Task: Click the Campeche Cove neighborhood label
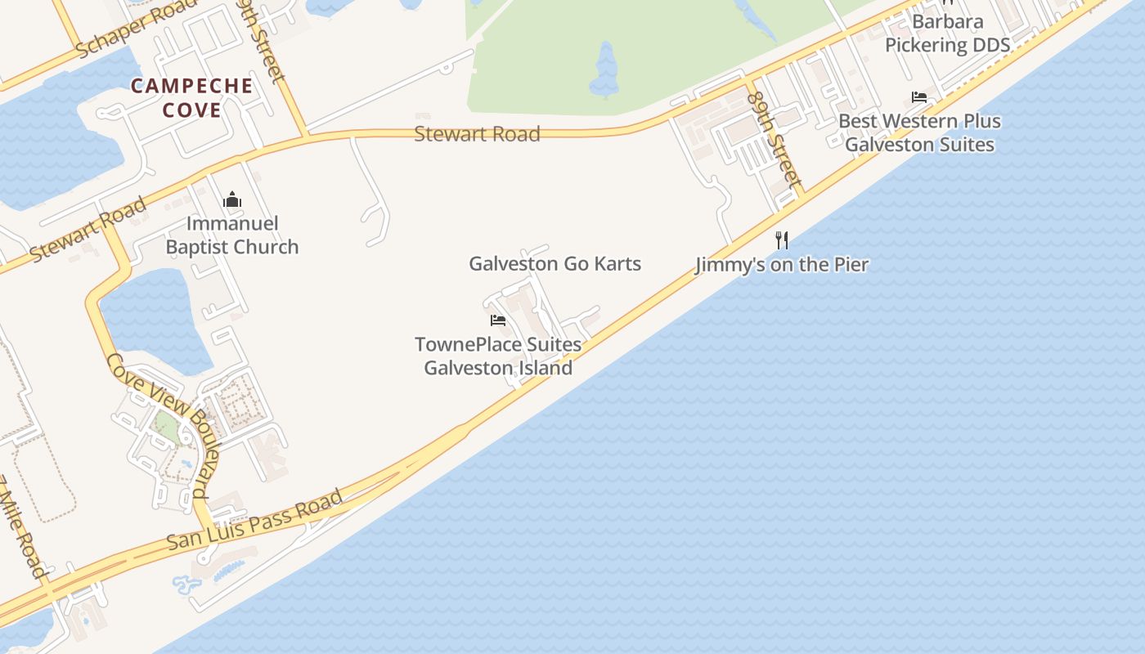(192, 97)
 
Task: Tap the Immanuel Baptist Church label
(232, 235)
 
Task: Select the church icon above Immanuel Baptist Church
(232, 200)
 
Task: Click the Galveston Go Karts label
(555, 264)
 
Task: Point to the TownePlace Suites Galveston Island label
(498, 356)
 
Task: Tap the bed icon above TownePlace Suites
(497, 320)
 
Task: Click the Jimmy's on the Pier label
(782, 265)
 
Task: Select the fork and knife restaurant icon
(782, 240)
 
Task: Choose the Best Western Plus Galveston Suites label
(919, 133)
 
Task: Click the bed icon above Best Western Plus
(919, 97)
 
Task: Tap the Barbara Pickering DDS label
(948, 33)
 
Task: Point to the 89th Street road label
(770, 136)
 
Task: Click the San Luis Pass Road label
(254, 520)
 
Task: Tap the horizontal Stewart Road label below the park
(477, 134)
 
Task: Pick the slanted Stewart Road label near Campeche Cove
(88, 230)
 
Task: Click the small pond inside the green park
(605, 72)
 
